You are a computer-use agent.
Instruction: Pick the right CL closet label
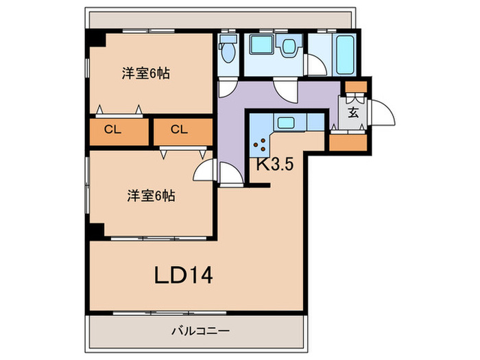pyautogui.click(x=180, y=130)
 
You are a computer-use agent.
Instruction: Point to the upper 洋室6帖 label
pyautogui.click(x=147, y=73)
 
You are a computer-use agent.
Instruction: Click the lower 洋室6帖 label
pyautogui.click(x=150, y=196)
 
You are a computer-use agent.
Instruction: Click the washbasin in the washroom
pyautogui.click(x=289, y=46)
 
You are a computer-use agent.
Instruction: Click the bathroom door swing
pyautogui.click(x=315, y=64)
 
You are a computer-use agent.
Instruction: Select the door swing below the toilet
pyautogui.click(x=227, y=87)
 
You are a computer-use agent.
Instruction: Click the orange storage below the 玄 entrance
pyautogui.click(x=348, y=142)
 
